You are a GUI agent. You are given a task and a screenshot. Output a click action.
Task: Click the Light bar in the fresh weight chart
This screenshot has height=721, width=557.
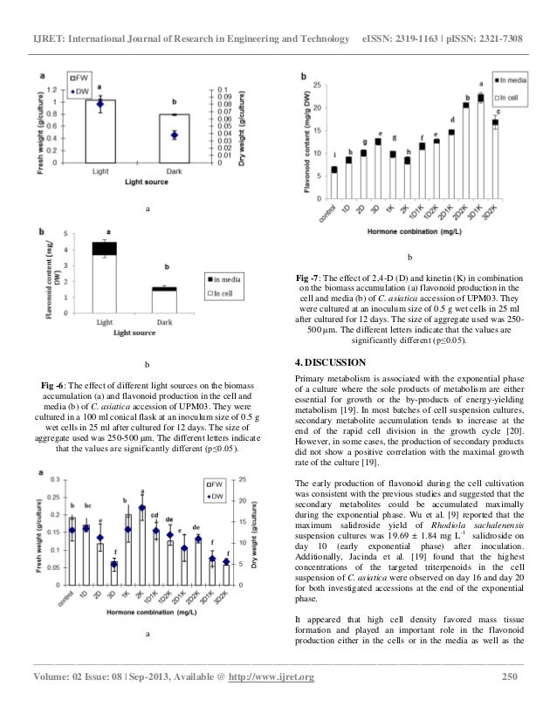point(100,131)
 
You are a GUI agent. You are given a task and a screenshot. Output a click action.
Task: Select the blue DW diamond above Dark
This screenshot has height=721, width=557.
point(175,134)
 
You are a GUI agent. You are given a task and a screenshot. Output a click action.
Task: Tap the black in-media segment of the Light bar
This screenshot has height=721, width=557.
point(105,249)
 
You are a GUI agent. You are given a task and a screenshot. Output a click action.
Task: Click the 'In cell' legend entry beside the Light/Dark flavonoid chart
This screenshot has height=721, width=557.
point(226,294)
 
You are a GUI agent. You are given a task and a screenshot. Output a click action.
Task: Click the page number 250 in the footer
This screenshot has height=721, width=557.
point(513,677)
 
